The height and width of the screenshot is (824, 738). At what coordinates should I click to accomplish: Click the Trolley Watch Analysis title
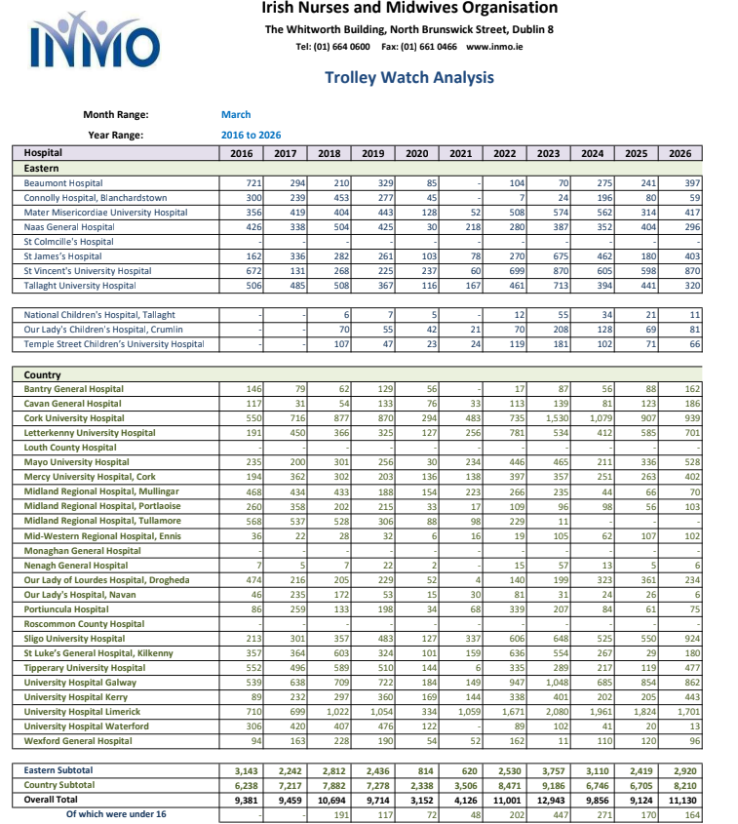point(408,78)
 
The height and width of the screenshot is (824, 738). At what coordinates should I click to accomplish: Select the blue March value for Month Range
point(236,115)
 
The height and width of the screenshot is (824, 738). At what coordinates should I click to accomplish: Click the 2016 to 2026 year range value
point(251,135)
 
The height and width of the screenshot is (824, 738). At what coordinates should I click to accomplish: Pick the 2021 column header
point(461,153)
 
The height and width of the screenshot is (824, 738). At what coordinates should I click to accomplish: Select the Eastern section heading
point(42,168)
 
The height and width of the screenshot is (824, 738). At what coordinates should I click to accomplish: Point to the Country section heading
point(42,374)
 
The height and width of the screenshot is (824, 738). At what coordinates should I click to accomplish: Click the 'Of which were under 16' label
point(116,813)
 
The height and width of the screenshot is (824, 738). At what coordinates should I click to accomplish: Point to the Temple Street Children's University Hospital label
point(114,344)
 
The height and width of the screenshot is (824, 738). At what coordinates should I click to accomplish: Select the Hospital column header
point(43,153)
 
